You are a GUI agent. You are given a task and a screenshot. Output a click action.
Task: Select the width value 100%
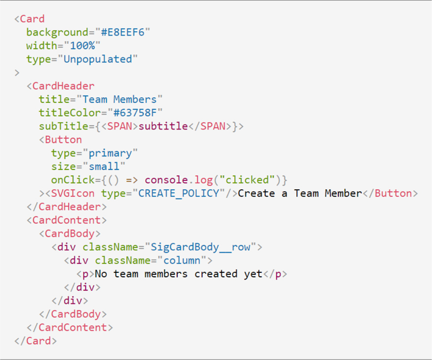[82, 46]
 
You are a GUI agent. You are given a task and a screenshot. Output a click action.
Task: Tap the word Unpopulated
[98, 59]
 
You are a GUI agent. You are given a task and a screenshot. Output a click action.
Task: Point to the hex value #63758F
[135, 113]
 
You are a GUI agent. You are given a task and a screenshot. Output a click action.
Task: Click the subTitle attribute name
[63, 126]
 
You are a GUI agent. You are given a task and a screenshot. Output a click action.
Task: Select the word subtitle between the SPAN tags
[163, 126]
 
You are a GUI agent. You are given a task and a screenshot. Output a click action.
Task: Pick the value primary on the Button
[110, 153]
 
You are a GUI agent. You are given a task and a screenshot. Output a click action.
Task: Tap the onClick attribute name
[73, 180]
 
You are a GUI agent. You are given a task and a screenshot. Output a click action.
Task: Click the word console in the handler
[166, 180]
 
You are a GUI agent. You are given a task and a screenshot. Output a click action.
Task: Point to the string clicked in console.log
[250, 180]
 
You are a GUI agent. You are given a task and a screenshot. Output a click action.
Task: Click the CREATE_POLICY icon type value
[179, 193]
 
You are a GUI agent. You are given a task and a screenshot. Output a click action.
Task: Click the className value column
[182, 260]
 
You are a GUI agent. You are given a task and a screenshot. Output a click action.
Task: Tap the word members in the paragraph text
[166, 274]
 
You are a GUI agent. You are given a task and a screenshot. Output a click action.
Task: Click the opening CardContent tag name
[67, 220]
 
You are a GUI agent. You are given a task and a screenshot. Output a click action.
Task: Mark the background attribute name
[57, 32]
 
